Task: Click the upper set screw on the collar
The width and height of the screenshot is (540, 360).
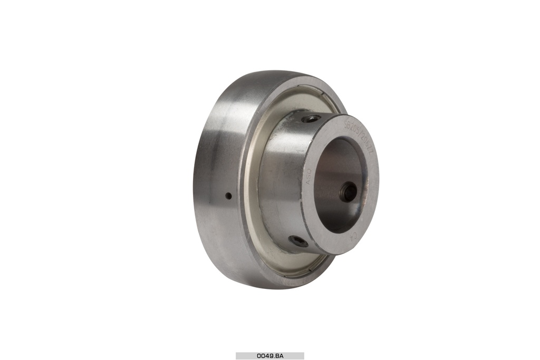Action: click(312, 119)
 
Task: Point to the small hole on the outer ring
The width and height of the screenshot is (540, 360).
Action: click(228, 196)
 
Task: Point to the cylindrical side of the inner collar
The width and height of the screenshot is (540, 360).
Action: click(279, 179)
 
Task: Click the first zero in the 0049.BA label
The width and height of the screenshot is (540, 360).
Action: click(259, 356)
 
